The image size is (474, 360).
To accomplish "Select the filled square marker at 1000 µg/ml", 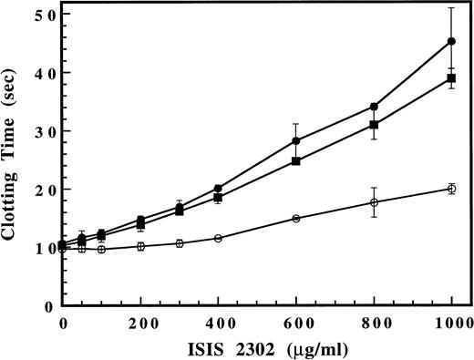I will [x=451, y=78].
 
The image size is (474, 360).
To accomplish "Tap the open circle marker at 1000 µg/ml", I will [x=451, y=189].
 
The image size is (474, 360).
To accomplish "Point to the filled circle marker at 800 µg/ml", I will [x=374, y=107].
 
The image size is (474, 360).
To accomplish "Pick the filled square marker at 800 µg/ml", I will [x=374, y=125].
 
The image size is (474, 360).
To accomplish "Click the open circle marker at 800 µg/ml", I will [x=374, y=202].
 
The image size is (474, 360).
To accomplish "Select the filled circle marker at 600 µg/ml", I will [x=296, y=140].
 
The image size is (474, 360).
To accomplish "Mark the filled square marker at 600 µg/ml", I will [x=296, y=161].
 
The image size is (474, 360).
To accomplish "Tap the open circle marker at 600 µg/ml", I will [x=296, y=219].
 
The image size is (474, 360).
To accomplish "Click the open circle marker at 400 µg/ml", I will [x=218, y=238].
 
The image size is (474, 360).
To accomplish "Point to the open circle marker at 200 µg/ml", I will [x=140, y=246].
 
